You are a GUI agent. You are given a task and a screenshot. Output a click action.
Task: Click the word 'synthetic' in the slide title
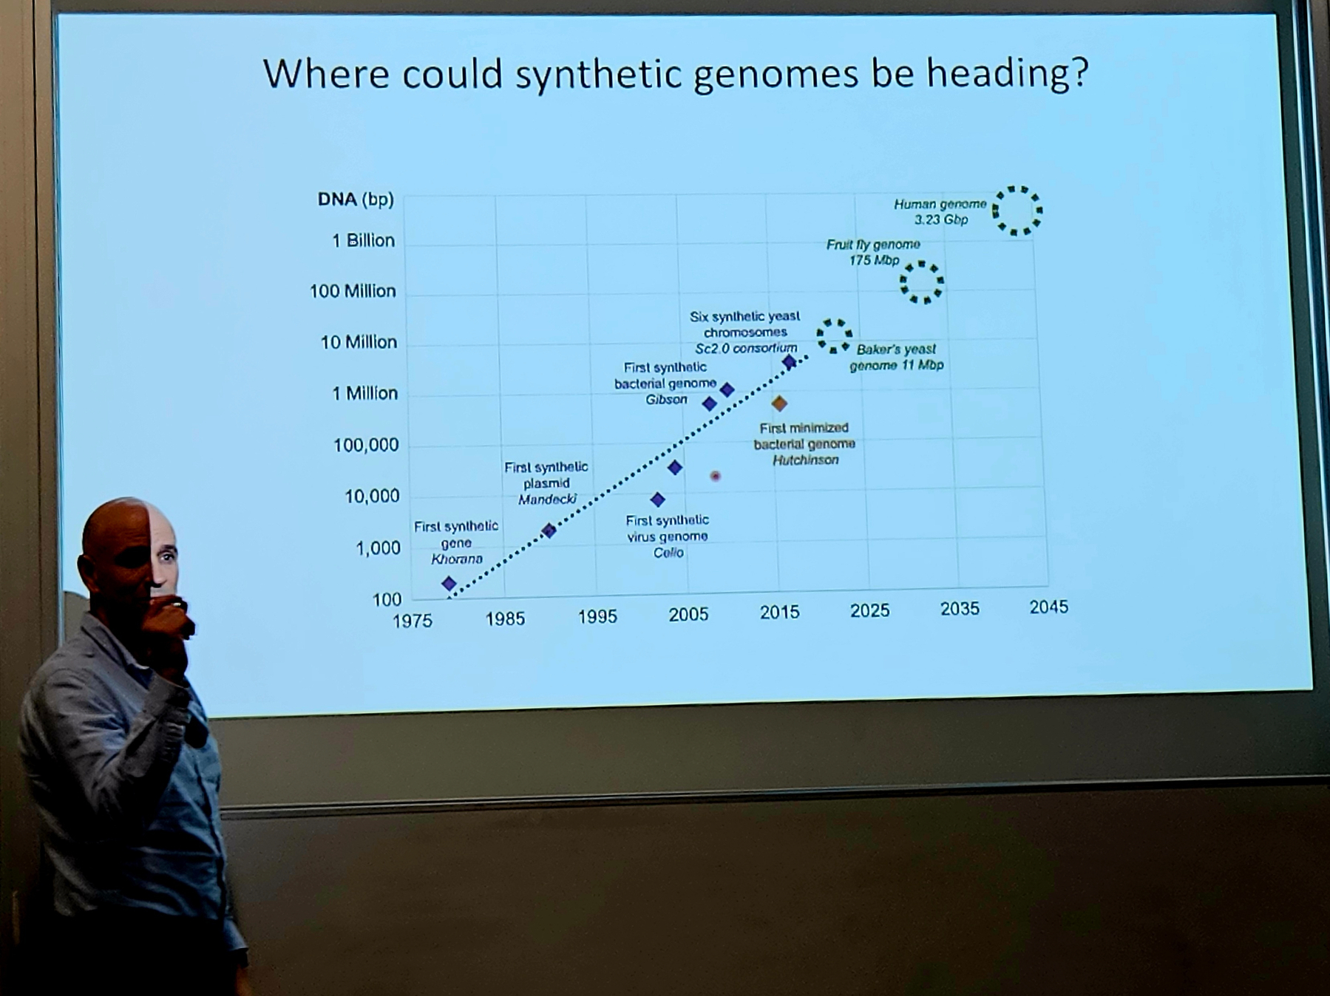pos(597,74)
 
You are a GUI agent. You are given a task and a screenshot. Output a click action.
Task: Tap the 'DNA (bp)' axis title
pos(356,199)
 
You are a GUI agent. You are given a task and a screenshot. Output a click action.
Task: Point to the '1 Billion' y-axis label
pos(363,240)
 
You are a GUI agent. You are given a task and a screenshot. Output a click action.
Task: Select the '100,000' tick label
pos(366,445)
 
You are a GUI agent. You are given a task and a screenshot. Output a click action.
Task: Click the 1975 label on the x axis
pos(412,621)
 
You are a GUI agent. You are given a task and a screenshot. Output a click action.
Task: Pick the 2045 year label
pos(1048,607)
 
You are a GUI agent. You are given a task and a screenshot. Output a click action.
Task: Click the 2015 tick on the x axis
pos(779,612)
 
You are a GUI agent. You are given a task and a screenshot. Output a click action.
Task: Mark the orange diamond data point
pos(779,403)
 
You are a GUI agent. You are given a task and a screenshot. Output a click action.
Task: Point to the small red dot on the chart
pos(715,476)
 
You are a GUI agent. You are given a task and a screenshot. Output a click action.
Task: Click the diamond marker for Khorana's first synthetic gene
pos(449,584)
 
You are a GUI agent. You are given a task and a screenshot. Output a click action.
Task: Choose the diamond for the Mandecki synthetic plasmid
pos(549,531)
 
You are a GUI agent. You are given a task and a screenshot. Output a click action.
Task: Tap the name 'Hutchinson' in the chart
pos(805,460)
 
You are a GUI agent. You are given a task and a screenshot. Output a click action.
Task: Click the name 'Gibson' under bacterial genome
pos(666,400)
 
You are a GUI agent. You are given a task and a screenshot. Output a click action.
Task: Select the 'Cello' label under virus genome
pos(668,553)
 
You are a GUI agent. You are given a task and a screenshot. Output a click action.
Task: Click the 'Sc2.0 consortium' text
pos(746,348)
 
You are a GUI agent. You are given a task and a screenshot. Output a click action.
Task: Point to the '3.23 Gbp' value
pos(940,219)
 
